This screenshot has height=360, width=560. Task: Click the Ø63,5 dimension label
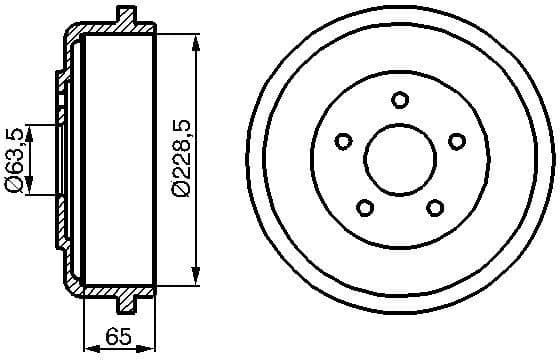[x=14, y=158]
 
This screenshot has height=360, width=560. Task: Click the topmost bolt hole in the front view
[x=400, y=99]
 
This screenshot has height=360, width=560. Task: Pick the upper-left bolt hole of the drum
[x=342, y=141]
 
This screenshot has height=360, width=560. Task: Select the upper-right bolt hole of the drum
[x=458, y=141]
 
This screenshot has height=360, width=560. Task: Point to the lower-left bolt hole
[x=364, y=208]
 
